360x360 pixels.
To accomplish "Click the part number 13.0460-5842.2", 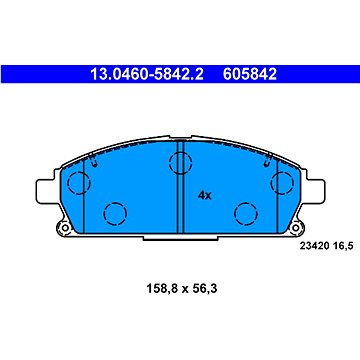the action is (147, 74).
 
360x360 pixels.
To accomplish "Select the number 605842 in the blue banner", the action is (250, 74).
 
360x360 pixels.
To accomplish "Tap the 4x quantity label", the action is (205, 195).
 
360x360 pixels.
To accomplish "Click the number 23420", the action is (314, 246).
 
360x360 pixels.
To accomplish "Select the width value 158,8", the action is (162, 288).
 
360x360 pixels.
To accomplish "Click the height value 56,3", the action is (204, 288).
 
